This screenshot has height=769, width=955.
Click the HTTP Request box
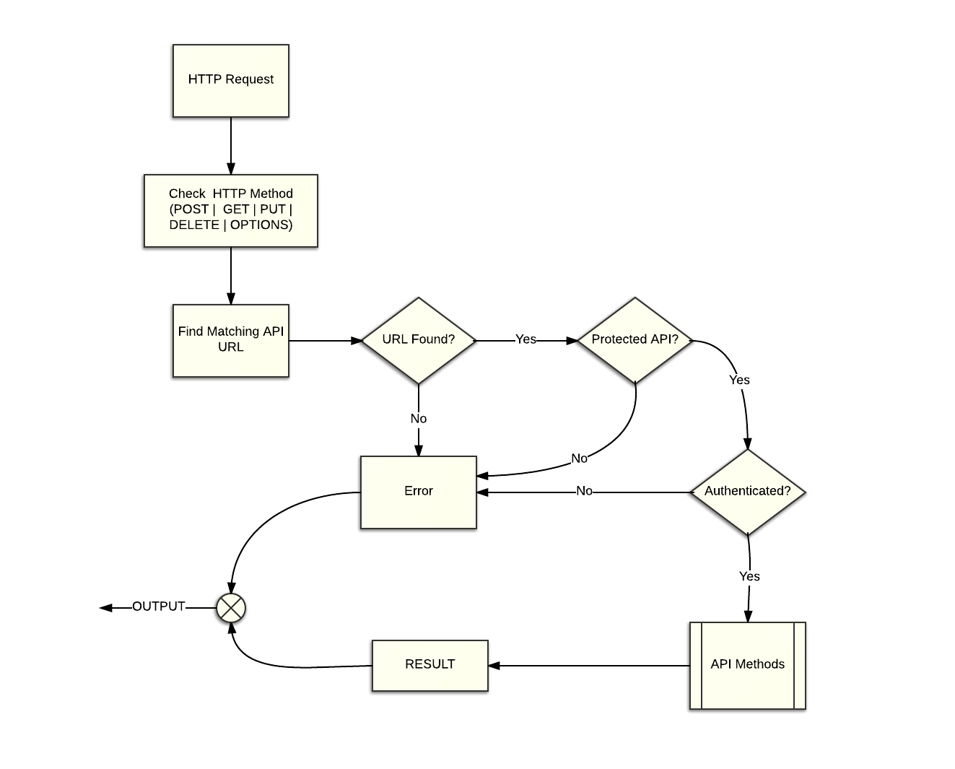[x=230, y=82]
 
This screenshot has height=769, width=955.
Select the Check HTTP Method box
[x=230, y=211]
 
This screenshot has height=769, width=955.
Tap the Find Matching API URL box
[x=230, y=341]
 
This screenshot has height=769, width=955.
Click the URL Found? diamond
[x=418, y=340]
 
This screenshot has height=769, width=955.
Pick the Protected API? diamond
[x=635, y=340]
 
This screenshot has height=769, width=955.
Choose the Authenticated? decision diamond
[x=747, y=492]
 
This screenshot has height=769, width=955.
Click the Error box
[x=418, y=493]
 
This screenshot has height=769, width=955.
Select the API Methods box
[x=747, y=666]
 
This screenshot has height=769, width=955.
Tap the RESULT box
[x=429, y=666]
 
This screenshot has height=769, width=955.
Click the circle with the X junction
[x=230, y=608]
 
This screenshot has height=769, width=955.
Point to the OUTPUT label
[x=159, y=607]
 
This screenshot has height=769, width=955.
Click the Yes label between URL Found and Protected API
[x=526, y=339]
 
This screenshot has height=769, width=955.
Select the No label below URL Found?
[x=419, y=419]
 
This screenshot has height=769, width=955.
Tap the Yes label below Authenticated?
[x=749, y=576]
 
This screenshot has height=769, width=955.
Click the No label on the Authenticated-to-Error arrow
[x=584, y=491]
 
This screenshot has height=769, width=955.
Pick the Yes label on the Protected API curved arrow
[x=739, y=380]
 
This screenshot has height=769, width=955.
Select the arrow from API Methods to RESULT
[x=588, y=666]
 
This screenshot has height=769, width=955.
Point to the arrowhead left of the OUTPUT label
[x=105, y=608]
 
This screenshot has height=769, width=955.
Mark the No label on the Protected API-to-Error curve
[x=579, y=459]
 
